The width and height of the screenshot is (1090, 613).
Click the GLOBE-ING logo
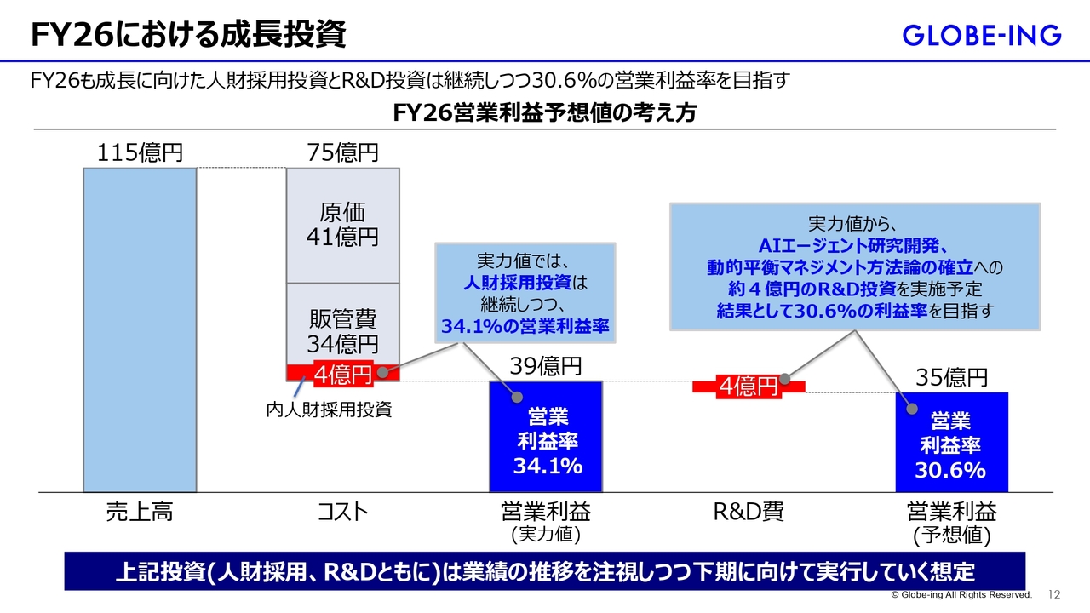pyautogui.click(x=982, y=36)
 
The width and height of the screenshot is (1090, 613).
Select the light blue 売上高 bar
pyautogui.click(x=141, y=329)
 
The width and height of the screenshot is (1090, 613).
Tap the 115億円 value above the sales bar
pyautogui.click(x=140, y=152)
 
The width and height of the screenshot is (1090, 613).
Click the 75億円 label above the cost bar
pyautogui.click(x=342, y=152)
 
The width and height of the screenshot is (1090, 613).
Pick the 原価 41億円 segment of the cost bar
pyautogui.click(x=342, y=226)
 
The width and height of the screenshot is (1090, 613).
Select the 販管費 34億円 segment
pyautogui.click(x=342, y=324)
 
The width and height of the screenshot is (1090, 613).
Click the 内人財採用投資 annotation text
pyautogui.click(x=329, y=410)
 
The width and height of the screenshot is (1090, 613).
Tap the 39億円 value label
pyautogui.click(x=546, y=366)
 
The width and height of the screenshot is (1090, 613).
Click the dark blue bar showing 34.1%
pyautogui.click(x=546, y=437)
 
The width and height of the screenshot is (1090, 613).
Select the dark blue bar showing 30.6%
pyautogui.click(x=952, y=442)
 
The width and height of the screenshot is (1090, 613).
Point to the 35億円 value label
pyautogui.click(x=952, y=377)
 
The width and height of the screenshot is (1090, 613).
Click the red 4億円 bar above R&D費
pyautogui.click(x=749, y=387)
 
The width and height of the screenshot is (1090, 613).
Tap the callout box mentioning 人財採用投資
pyautogui.click(x=525, y=293)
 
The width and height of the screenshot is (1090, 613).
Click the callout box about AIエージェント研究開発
pyautogui.click(x=855, y=267)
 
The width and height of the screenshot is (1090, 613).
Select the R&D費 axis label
pyautogui.click(x=749, y=512)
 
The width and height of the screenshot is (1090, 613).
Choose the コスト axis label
pyautogui.click(x=342, y=512)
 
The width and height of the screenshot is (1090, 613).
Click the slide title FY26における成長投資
pyautogui.click(x=188, y=35)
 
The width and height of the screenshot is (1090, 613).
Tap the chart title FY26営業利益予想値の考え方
pyautogui.click(x=544, y=113)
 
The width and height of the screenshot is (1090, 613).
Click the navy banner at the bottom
pyautogui.click(x=545, y=571)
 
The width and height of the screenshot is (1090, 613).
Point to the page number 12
pyautogui.click(x=1054, y=594)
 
